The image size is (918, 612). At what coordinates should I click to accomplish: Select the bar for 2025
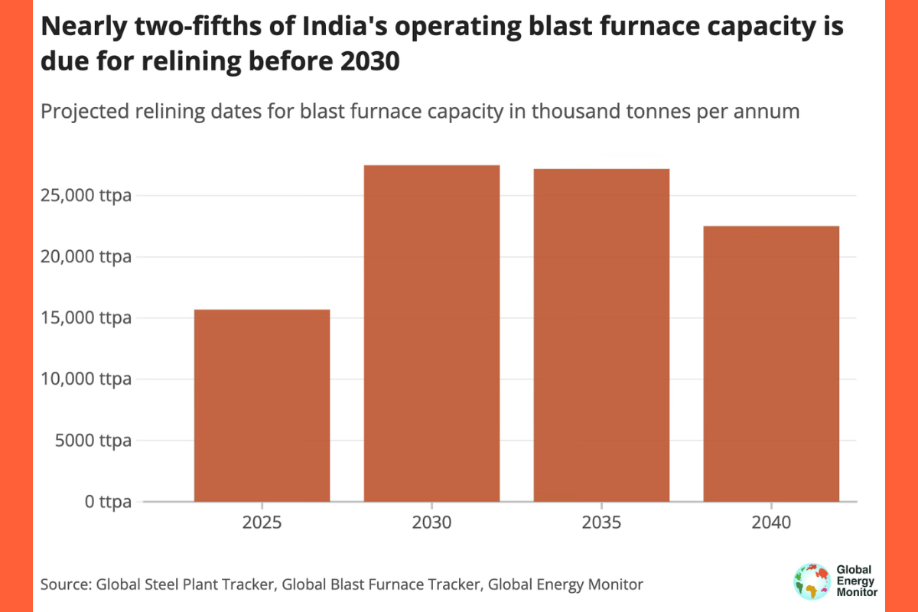[x=262, y=405]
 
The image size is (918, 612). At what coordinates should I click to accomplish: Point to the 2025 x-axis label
[x=262, y=524]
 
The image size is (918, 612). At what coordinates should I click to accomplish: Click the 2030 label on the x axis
[x=431, y=524]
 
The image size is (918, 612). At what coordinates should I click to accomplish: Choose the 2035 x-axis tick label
[x=601, y=524]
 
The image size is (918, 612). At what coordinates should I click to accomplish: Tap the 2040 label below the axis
[x=771, y=524]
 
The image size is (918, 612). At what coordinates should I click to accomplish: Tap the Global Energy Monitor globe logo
[x=812, y=581]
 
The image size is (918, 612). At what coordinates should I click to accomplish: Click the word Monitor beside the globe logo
[x=858, y=592]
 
